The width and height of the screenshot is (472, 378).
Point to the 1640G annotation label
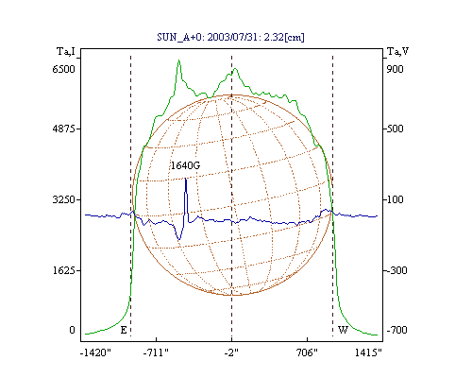click(x=185, y=165)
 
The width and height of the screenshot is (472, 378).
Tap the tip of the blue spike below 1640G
click(x=186, y=179)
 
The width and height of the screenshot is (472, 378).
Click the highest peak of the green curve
click(x=178, y=60)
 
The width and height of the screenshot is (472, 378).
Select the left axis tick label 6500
click(x=63, y=69)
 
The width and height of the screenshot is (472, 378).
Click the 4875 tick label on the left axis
click(x=63, y=129)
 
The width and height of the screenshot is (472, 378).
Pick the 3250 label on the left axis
click(x=63, y=199)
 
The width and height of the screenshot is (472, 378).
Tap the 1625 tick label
click(x=63, y=270)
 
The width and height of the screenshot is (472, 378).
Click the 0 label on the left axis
click(x=72, y=330)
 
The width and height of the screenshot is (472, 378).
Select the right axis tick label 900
click(x=395, y=69)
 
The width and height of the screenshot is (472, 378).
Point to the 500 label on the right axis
click(x=395, y=129)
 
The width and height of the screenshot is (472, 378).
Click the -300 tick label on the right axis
click(x=396, y=270)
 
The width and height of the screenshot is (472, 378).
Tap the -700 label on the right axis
click(x=396, y=330)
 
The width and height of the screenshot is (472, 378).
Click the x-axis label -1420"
click(x=96, y=352)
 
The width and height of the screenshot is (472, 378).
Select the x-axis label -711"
click(x=156, y=352)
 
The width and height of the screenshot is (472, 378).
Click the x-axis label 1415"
click(x=368, y=352)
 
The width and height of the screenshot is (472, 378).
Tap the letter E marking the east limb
click(x=124, y=330)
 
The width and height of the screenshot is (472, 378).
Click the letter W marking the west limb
click(x=343, y=330)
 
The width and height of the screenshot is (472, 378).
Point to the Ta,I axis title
click(x=66, y=51)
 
